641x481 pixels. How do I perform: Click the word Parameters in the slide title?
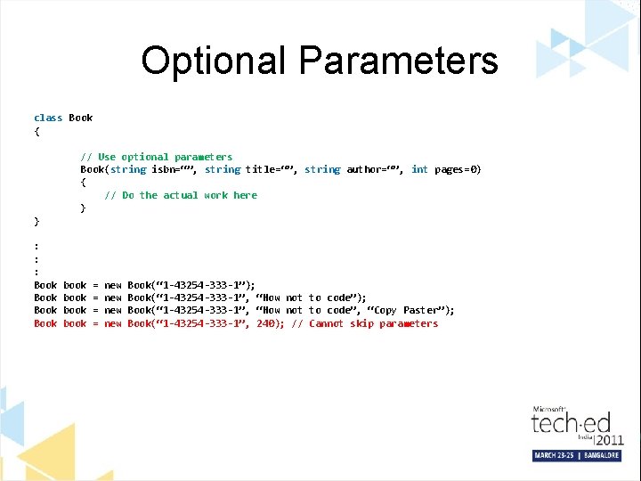pyautogui.click(x=398, y=61)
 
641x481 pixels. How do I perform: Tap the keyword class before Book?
pyautogui.click(x=48, y=118)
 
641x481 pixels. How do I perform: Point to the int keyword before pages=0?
pyautogui.click(x=419, y=169)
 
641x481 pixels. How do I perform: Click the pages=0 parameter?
pyautogui.click(x=458, y=169)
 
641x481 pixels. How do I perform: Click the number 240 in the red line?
pyautogui.click(x=264, y=323)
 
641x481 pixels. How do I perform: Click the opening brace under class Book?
pyautogui.click(x=37, y=131)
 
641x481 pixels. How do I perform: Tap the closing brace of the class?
pyautogui.click(x=37, y=220)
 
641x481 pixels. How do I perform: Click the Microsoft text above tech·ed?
pyautogui.click(x=549, y=409)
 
